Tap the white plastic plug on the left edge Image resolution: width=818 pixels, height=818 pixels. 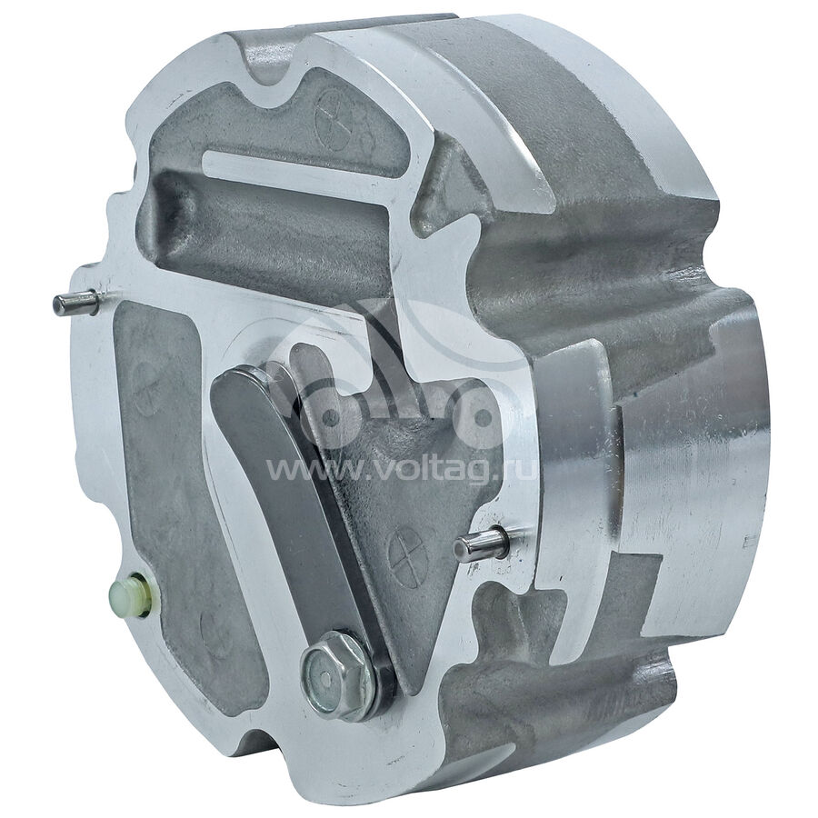(x=127, y=596)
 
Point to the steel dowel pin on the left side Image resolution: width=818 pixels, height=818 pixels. (x=75, y=303)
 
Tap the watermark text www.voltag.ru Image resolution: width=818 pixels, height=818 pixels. (x=400, y=471)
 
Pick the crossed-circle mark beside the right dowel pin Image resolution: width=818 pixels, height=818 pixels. (x=408, y=555)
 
